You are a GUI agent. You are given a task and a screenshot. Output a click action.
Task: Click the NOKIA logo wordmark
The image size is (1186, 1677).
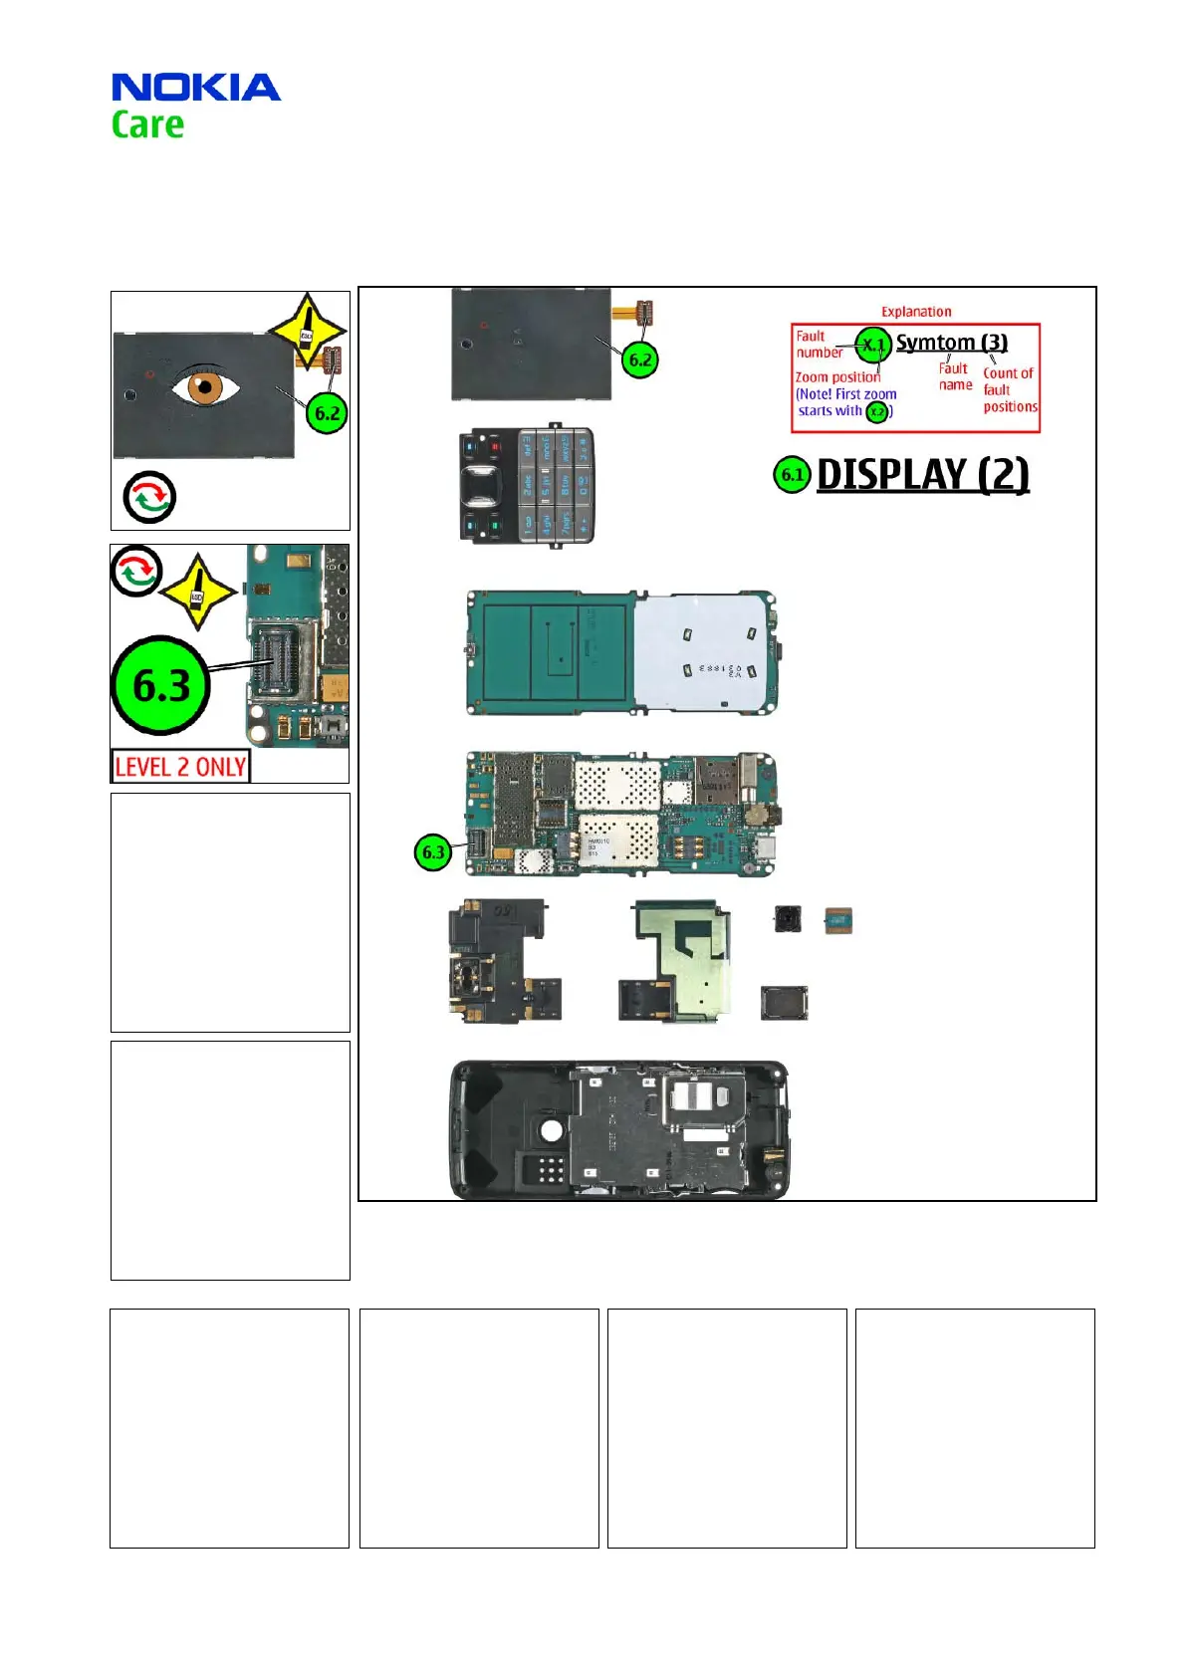[195, 88]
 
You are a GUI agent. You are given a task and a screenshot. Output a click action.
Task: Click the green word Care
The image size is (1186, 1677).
[147, 125]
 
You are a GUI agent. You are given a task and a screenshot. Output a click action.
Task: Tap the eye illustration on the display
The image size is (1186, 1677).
[205, 385]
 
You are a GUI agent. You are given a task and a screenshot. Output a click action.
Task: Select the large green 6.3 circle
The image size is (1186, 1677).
[161, 685]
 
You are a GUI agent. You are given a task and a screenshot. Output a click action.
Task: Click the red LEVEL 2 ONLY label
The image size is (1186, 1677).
[180, 767]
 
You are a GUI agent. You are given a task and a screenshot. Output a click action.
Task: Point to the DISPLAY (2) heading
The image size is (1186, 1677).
[922, 475]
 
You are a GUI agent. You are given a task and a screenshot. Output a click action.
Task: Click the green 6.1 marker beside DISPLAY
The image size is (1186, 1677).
[792, 475]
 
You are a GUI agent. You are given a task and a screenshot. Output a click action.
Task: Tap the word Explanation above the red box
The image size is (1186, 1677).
[916, 312]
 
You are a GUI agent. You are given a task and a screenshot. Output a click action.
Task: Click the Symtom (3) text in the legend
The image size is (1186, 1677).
[951, 343]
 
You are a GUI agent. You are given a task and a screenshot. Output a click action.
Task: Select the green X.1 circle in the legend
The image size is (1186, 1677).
[873, 345]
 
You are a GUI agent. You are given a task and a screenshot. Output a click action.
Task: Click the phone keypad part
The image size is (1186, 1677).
[526, 485]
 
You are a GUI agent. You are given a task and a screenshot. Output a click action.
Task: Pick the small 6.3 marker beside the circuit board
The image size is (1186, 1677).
[433, 852]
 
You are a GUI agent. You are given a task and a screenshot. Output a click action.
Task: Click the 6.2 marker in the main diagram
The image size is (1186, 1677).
[640, 359]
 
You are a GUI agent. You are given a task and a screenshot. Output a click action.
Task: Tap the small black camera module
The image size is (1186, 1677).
[789, 918]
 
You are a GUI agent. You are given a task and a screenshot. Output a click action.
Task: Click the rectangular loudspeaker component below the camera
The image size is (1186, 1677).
[784, 1004]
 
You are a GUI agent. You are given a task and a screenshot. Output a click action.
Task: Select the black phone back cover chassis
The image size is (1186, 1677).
[619, 1129]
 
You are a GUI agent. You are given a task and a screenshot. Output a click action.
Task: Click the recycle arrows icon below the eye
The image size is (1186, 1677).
[149, 497]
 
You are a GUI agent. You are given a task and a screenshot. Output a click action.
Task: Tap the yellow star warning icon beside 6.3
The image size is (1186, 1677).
[197, 592]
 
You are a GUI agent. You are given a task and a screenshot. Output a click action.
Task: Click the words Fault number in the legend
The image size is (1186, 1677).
[818, 345]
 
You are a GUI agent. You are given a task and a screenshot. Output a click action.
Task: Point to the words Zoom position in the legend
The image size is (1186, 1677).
[837, 377]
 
